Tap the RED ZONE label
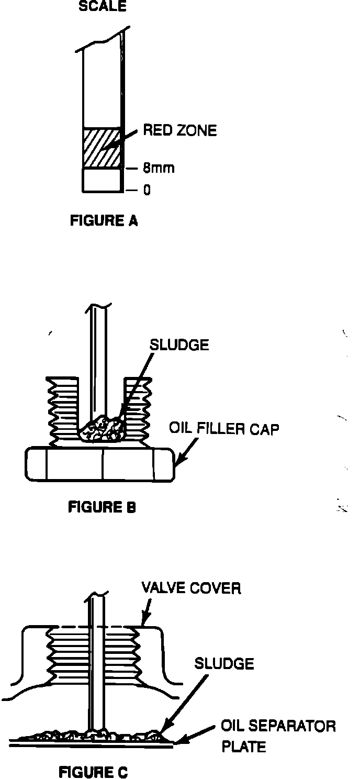179,130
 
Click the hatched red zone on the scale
102,148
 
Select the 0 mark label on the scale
147,190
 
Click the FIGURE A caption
104,220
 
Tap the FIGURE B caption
102,507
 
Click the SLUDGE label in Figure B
179,344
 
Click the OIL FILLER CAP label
224,430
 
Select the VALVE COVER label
192,588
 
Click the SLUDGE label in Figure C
224,664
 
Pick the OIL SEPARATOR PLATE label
277,736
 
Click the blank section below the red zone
102,180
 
